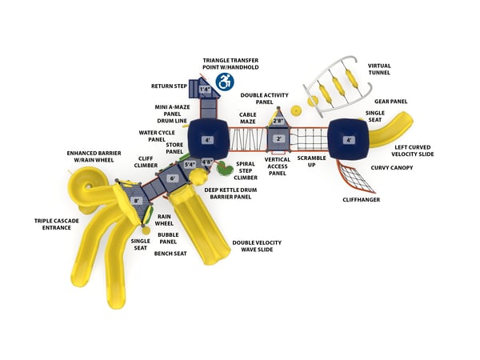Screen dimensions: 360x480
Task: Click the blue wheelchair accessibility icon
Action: (226, 81)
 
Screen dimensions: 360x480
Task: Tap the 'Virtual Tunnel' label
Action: (378, 70)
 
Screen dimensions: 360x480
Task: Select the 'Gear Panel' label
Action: (391, 102)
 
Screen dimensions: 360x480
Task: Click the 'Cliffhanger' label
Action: (361, 199)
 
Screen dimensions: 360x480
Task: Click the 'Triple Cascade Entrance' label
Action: (52, 223)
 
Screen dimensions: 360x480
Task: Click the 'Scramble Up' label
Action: (312, 162)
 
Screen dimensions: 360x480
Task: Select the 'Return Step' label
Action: (170, 86)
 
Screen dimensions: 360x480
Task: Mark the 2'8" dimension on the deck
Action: (278, 121)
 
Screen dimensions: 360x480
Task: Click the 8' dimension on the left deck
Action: (137, 201)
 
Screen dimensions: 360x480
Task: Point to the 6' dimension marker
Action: (172, 178)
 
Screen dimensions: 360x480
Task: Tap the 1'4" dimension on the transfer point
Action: (206, 90)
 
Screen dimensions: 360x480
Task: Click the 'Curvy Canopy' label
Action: (391, 168)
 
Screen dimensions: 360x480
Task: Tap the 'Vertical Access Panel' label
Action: (278, 166)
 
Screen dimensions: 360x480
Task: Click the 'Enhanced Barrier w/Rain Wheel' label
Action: (90, 157)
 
